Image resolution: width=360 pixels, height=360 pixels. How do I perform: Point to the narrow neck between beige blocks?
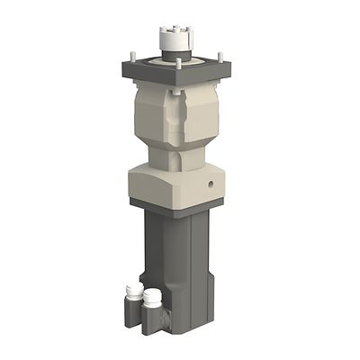[x=184, y=159]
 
